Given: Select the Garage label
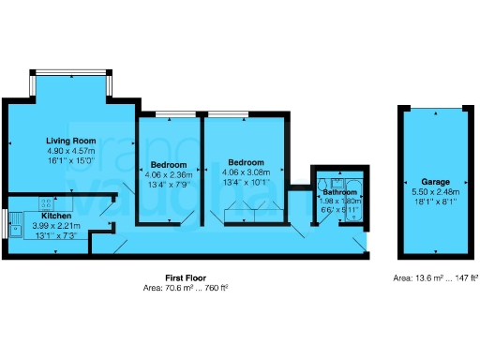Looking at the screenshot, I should coord(435,181).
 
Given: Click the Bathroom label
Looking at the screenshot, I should coord(338,192).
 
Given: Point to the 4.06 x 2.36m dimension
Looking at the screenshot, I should coord(168,172).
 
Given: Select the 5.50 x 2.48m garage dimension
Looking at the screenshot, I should coord(435,190).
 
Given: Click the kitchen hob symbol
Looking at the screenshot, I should coord(44,202).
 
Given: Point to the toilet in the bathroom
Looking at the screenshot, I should coord(323,184).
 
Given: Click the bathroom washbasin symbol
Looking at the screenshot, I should coord(337,184).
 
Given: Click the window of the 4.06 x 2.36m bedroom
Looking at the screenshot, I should coord(169,114).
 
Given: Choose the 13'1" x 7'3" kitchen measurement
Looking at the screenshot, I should coord(55,235).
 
